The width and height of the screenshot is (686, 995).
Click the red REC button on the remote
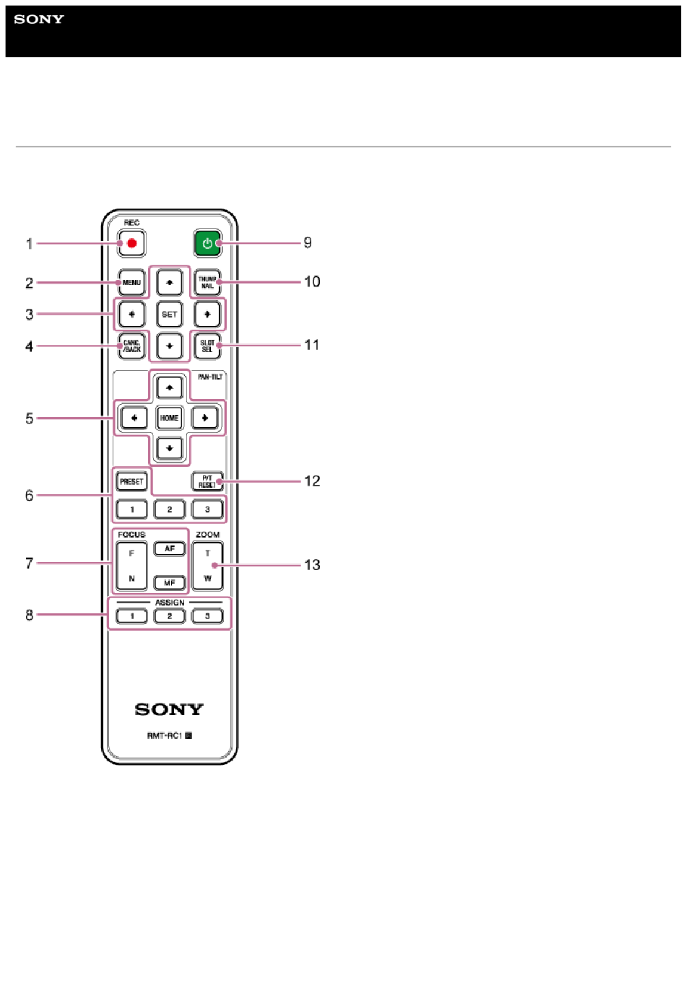coord(132,243)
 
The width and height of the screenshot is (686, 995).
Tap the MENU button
coord(131,282)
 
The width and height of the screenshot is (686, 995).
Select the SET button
coord(170,314)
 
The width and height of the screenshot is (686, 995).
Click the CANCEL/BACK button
coord(131,346)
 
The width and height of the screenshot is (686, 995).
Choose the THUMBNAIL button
coord(207,282)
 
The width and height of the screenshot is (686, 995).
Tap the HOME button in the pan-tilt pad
coord(170,418)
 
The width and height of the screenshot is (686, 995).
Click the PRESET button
coord(131,481)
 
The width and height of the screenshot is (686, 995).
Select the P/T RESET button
coord(207,481)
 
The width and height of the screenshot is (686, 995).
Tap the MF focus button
coord(170,582)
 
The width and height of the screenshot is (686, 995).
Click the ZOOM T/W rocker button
coord(207,566)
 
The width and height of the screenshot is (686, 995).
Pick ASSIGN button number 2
coord(170,616)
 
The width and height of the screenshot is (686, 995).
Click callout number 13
coord(312,565)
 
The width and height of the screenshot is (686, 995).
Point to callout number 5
coord(29,418)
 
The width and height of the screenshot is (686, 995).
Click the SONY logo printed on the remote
coord(169,709)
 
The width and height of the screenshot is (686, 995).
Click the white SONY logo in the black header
coord(39,19)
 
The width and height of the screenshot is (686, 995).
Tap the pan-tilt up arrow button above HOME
coord(170,387)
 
